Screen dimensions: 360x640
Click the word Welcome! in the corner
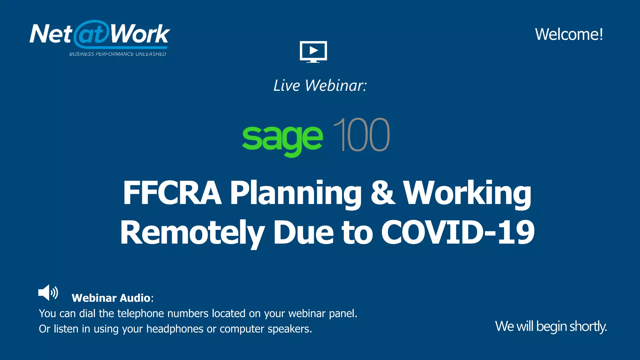tap(569, 34)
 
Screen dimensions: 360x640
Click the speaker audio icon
tap(48, 293)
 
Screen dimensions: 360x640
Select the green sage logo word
tap(282, 137)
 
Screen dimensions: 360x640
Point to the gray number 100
tap(361, 135)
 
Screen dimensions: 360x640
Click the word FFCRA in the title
tap(172, 193)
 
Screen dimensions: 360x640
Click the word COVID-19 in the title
tap(457, 232)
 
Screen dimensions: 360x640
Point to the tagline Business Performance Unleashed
tap(117, 54)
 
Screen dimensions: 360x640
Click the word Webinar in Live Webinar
tap(335, 86)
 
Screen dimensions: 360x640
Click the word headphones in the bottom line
tap(175, 329)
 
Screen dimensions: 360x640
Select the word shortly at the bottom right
tap(588, 327)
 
